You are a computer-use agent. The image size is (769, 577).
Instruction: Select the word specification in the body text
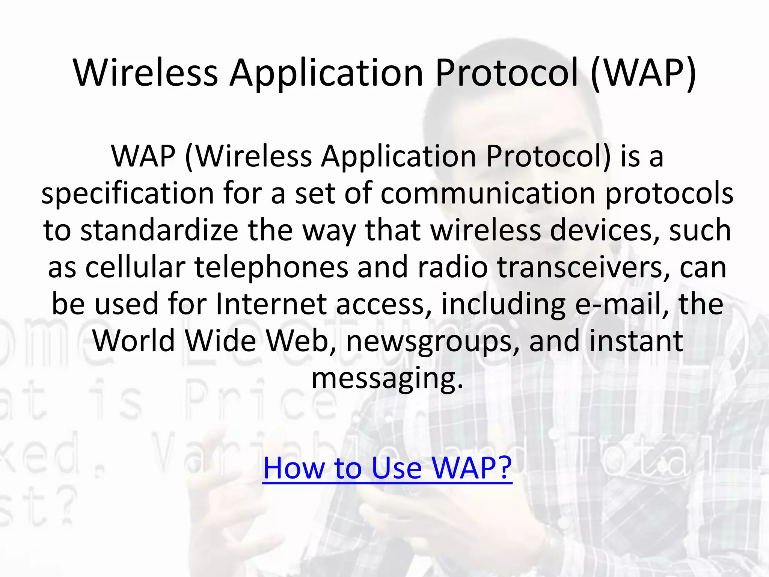tap(128, 194)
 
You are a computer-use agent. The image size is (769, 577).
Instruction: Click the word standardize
tap(160, 230)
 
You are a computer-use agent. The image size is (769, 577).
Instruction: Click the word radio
tap(453, 267)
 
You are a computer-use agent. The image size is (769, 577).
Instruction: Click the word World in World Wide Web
tap(134, 340)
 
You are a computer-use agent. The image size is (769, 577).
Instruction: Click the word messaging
tap(387, 379)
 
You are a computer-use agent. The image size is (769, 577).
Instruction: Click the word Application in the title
tap(327, 74)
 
